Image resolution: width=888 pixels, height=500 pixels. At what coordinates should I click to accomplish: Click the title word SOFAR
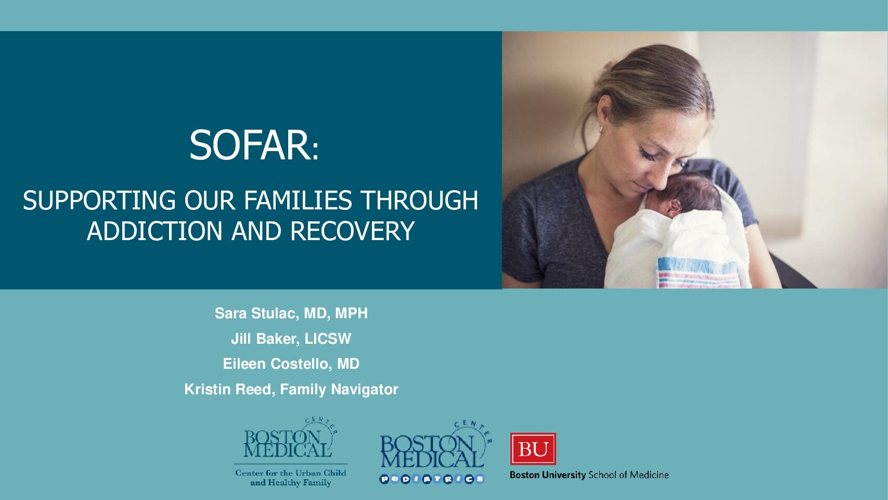tap(250, 145)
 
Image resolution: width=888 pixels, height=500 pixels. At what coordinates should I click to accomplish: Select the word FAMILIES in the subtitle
tap(298, 200)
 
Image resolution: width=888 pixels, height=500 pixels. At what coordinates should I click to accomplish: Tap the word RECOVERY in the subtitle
tap(352, 231)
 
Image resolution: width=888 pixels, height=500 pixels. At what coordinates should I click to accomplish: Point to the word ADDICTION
tap(155, 231)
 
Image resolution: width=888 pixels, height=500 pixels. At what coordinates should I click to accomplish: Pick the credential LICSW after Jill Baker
tap(328, 339)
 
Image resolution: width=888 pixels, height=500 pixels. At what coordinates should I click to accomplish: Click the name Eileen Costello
tap(276, 364)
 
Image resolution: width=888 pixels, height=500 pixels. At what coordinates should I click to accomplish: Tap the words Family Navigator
tap(339, 389)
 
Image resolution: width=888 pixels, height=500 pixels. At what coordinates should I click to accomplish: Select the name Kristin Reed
tap(228, 389)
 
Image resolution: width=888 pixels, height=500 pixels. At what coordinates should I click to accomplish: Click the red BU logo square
tap(533, 449)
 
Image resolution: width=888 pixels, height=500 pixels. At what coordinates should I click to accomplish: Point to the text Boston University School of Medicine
tap(589, 475)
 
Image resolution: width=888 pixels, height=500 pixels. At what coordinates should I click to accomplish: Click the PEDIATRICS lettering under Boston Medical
tap(432, 479)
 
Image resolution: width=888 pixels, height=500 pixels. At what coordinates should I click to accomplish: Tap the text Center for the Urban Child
tap(291, 473)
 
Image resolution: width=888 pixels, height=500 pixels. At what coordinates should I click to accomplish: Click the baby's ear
tap(674, 207)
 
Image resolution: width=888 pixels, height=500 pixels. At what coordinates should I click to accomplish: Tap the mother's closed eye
tap(649, 154)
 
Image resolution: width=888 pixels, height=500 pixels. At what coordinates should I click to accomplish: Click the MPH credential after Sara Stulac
tap(351, 313)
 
